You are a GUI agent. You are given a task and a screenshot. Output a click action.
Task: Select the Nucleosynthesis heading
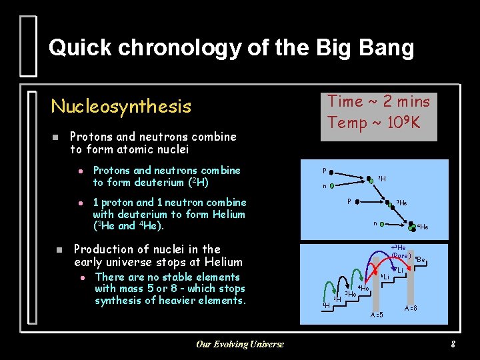[x=121, y=106]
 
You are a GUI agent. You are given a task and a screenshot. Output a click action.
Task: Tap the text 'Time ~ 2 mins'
[x=378, y=101]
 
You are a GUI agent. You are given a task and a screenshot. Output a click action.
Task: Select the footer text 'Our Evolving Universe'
[x=239, y=344]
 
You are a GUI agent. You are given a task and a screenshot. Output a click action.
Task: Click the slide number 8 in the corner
[x=453, y=344]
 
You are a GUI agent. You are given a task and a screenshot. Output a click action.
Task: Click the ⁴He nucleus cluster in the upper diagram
[x=413, y=226]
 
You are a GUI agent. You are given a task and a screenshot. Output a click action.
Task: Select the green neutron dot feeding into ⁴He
[x=384, y=225]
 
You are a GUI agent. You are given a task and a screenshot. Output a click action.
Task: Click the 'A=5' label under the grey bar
[x=377, y=315]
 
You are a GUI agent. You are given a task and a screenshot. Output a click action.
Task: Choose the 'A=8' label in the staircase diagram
[x=411, y=308]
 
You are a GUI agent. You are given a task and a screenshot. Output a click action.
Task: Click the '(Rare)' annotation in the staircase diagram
[x=400, y=255]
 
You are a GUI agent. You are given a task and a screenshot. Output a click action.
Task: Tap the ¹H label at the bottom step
[x=326, y=305]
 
